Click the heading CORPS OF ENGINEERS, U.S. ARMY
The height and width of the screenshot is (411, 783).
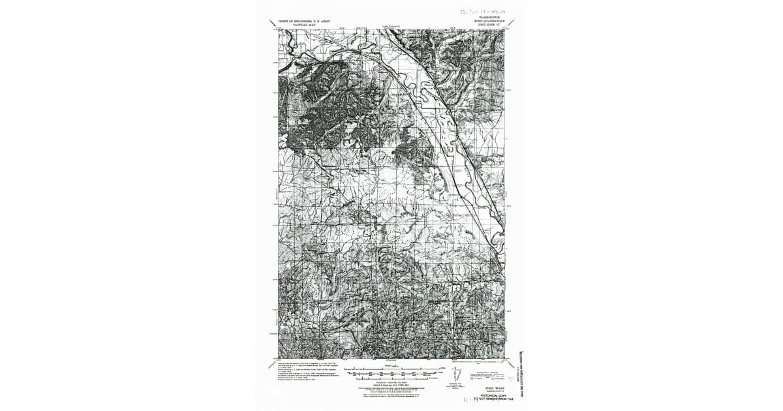(x=304, y=22)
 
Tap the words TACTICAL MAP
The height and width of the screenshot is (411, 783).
(x=304, y=25)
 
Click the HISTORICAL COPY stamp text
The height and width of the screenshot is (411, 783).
(x=493, y=395)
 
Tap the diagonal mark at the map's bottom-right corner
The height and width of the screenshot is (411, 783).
(x=513, y=363)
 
